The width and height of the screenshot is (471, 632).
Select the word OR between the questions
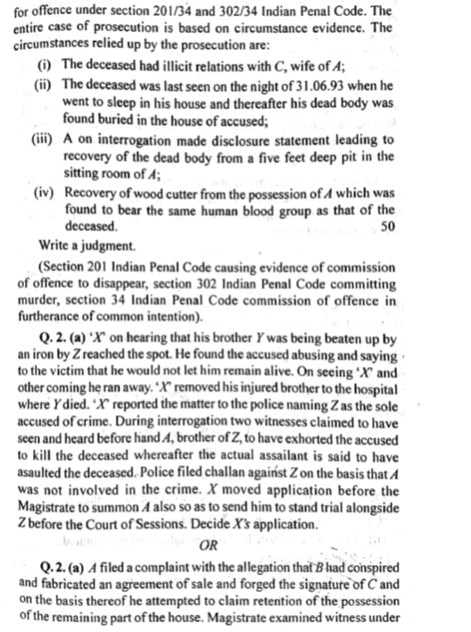[211, 544]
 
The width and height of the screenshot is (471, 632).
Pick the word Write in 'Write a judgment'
[57, 244]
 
